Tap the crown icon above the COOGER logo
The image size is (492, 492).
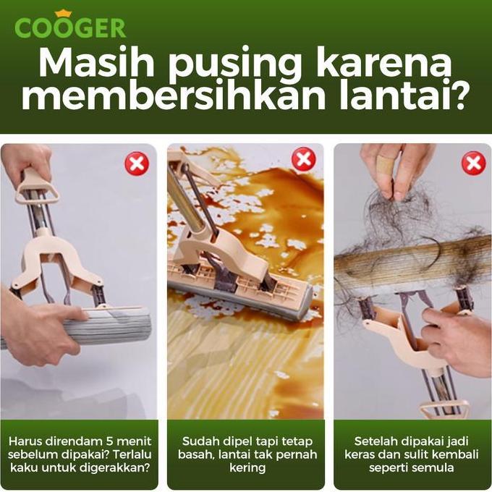coord(63,13)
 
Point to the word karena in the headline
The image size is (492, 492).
coord(395,64)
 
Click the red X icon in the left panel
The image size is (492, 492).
coord(137,164)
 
